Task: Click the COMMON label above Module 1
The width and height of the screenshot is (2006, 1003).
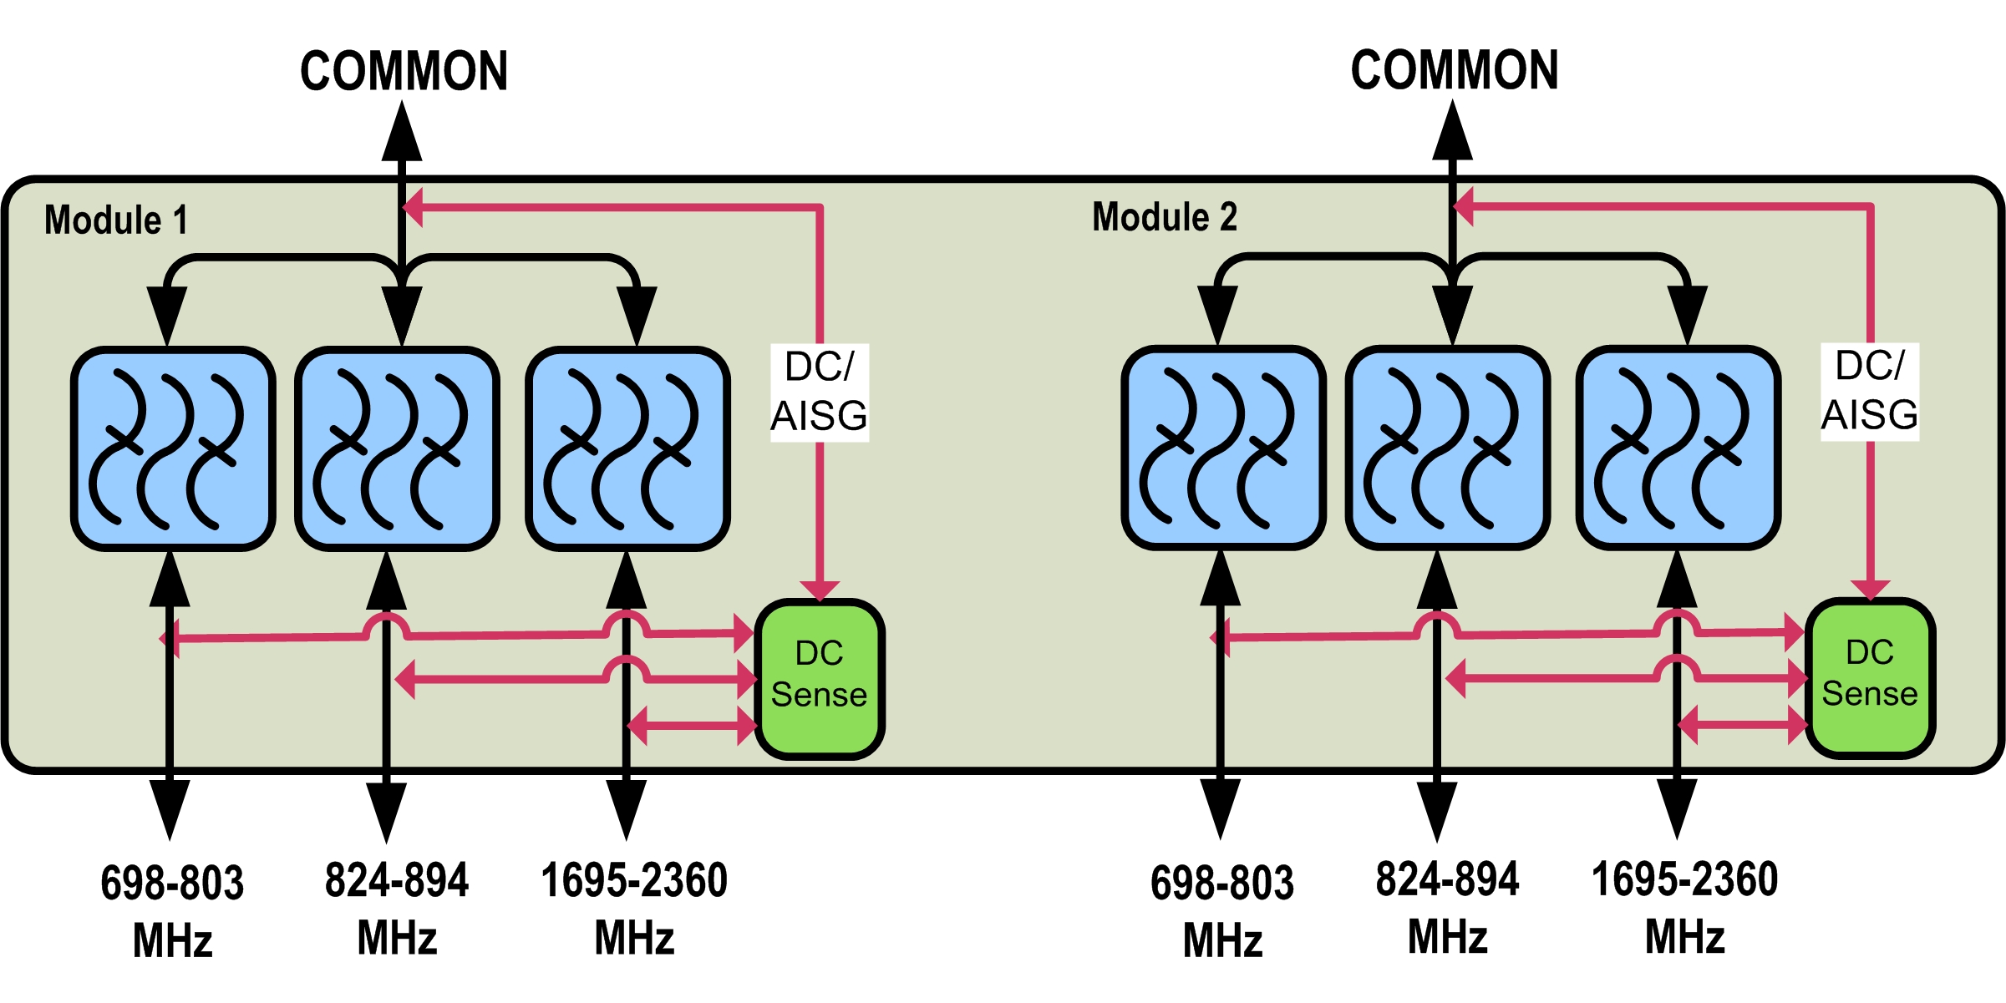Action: click(404, 71)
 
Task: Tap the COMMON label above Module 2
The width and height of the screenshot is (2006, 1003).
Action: click(1455, 70)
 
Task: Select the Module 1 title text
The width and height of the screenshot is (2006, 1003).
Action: click(116, 220)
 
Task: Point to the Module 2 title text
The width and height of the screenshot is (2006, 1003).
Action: click(1165, 217)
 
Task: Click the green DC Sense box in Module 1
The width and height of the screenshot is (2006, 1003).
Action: click(820, 677)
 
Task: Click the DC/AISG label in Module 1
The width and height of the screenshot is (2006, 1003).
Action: click(820, 392)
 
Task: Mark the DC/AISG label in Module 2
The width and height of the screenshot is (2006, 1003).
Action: click(1870, 391)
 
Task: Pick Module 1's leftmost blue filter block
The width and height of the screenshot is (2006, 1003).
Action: click(173, 448)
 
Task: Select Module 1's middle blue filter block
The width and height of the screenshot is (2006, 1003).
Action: click(397, 448)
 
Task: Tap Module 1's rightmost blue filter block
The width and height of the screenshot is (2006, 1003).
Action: click(627, 448)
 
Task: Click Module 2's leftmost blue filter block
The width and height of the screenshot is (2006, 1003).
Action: click(1223, 448)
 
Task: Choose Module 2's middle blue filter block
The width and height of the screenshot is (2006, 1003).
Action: click(1447, 448)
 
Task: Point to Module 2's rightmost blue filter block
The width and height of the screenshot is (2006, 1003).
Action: click(1678, 448)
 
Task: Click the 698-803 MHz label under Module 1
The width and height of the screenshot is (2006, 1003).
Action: click(172, 910)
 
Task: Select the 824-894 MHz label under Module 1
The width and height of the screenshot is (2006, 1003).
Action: click(397, 909)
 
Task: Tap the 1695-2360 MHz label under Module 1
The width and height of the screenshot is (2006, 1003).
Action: click(634, 909)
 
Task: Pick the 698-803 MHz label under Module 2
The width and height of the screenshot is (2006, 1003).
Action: click(1222, 910)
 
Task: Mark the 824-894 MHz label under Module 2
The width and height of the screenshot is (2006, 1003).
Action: click(1447, 908)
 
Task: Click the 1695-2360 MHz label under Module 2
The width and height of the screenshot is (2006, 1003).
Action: click(1684, 908)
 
